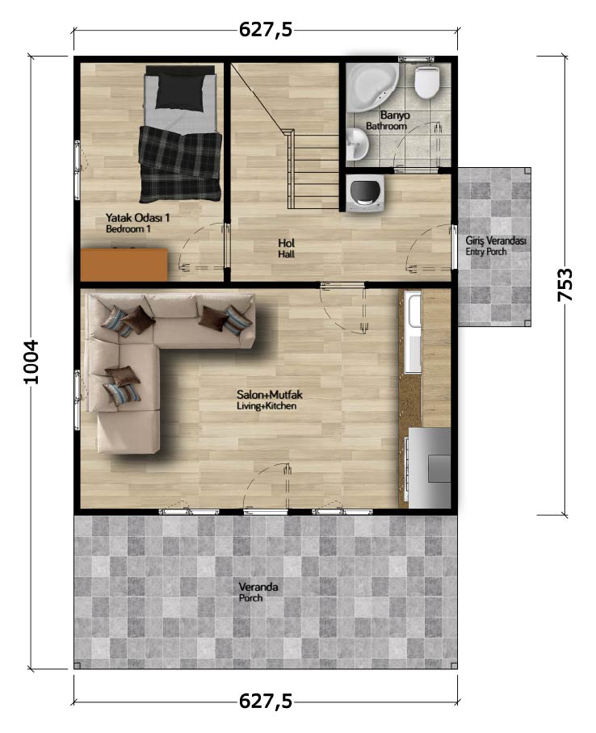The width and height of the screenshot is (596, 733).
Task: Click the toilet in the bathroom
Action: (427, 82)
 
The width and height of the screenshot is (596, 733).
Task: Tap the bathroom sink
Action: (358, 144)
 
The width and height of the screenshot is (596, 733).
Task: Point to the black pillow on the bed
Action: (181, 90)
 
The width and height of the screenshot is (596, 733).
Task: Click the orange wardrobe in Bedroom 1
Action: (124, 265)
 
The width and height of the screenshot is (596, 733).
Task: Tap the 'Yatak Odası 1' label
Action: (137, 218)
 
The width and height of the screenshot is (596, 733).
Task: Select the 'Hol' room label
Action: (287, 243)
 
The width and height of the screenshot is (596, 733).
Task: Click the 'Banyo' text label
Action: (395, 115)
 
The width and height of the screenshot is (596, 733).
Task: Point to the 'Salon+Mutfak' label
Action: (270, 395)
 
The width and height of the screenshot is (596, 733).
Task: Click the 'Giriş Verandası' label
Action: (495, 241)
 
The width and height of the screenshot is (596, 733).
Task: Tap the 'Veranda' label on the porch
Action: (258, 587)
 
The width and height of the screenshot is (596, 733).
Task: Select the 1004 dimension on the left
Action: (31, 362)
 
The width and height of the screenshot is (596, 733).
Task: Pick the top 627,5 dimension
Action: (266, 30)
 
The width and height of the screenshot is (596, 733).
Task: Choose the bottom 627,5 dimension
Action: (266, 702)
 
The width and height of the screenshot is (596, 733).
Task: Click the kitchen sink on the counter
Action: (414, 311)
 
